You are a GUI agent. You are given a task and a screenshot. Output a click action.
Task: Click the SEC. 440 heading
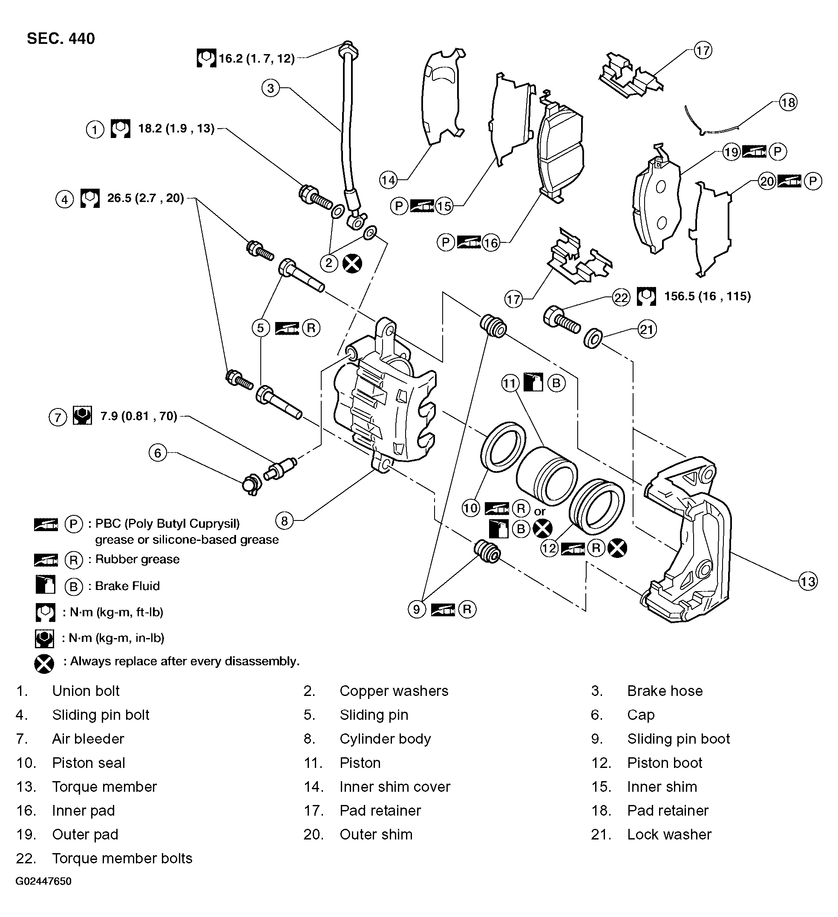61,39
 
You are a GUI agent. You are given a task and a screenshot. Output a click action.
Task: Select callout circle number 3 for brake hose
271,88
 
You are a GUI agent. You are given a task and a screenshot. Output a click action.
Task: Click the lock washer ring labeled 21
593,339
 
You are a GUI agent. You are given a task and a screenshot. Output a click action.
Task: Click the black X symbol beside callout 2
352,263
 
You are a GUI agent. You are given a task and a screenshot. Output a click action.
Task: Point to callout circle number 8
285,521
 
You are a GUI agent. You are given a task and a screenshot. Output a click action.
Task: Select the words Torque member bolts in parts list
122,858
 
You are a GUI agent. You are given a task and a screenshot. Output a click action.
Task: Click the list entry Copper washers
394,691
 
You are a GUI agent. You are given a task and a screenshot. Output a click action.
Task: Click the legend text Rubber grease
137,559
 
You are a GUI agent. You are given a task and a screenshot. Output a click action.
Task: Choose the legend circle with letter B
73,586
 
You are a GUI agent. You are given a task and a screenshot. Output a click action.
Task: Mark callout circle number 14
388,181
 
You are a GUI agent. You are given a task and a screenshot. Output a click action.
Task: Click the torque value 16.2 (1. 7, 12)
256,59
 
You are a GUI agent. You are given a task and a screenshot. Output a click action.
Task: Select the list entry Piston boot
664,763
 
